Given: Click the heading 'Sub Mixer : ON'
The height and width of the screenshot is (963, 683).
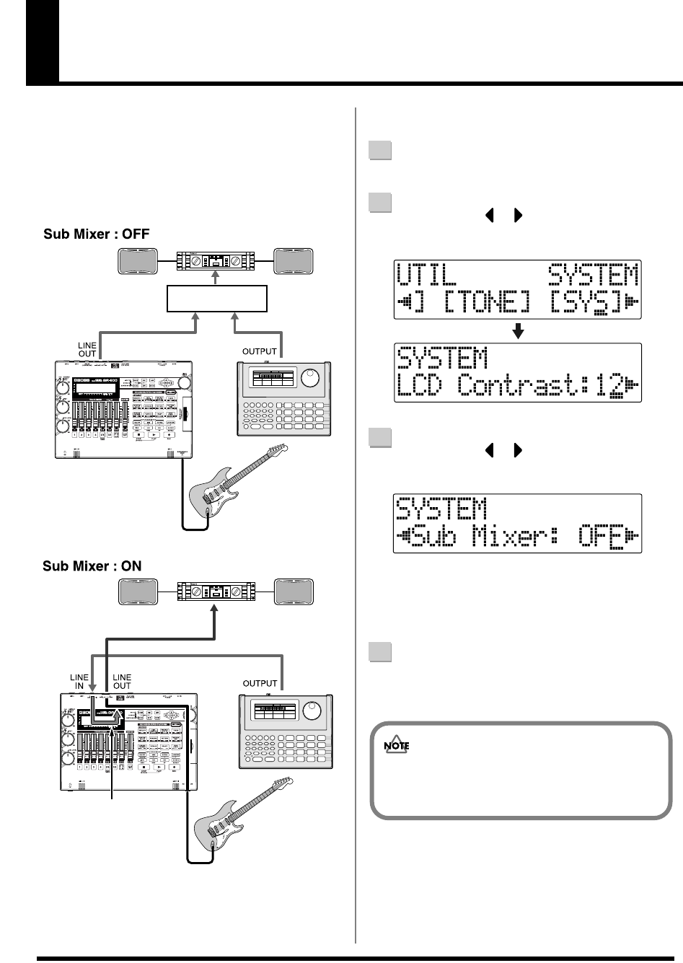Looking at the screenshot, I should (92, 566).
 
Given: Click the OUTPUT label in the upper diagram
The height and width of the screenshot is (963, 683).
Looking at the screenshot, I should (260, 352).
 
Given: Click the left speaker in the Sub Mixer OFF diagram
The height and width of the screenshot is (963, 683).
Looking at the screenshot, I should (138, 260).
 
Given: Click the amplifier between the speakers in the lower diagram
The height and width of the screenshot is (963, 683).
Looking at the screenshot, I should (215, 593).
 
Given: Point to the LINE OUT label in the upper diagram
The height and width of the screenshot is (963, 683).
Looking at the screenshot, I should (87, 351).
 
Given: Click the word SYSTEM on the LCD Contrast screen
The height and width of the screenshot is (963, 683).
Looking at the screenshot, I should (441, 358).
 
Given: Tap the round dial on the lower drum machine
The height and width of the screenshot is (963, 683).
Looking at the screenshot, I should (314, 711).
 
